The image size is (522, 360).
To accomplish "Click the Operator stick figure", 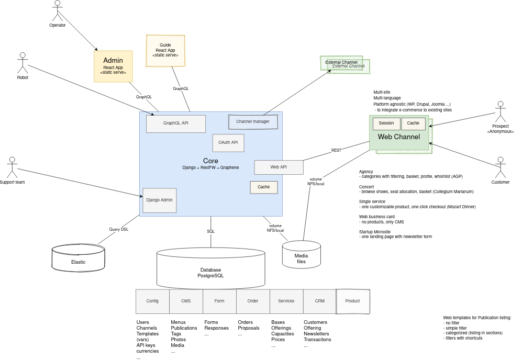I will pyautogui.click(x=58, y=10).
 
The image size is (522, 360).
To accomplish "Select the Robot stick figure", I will pyautogui.click(x=23, y=63).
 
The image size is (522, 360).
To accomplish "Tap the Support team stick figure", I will pyautogui.click(x=12, y=167).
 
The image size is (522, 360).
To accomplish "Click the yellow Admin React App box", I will pyautogui.click(x=113, y=65).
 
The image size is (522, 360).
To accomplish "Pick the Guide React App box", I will pyautogui.click(x=165, y=50).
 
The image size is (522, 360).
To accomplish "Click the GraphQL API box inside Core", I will pyautogui.click(x=176, y=123).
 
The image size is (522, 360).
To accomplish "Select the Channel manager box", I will pyautogui.click(x=253, y=121).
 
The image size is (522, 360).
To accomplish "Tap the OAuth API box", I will pyautogui.click(x=228, y=142).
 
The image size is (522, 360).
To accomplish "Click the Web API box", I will pyautogui.click(x=279, y=167).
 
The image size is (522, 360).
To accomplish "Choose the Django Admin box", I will pyautogui.click(x=160, y=199).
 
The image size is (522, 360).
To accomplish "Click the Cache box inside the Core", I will pyautogui.click(x=263, y=187).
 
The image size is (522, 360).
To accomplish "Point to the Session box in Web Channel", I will pyautogui.click(x=386, y=123).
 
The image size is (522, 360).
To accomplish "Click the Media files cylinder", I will pyautogui.click(x=301, y=255).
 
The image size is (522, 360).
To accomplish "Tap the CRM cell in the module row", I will pyautogui.click(x=319, y=301).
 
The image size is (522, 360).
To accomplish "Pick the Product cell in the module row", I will pyautogui.click(x=352, y=301).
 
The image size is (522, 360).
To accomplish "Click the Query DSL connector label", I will pyautogui.click(x=118, y=229).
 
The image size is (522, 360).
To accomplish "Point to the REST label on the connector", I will pyautogui.click(x=336, y=150).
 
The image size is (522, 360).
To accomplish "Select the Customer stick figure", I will pyautogui.click(x=501, y=167).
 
